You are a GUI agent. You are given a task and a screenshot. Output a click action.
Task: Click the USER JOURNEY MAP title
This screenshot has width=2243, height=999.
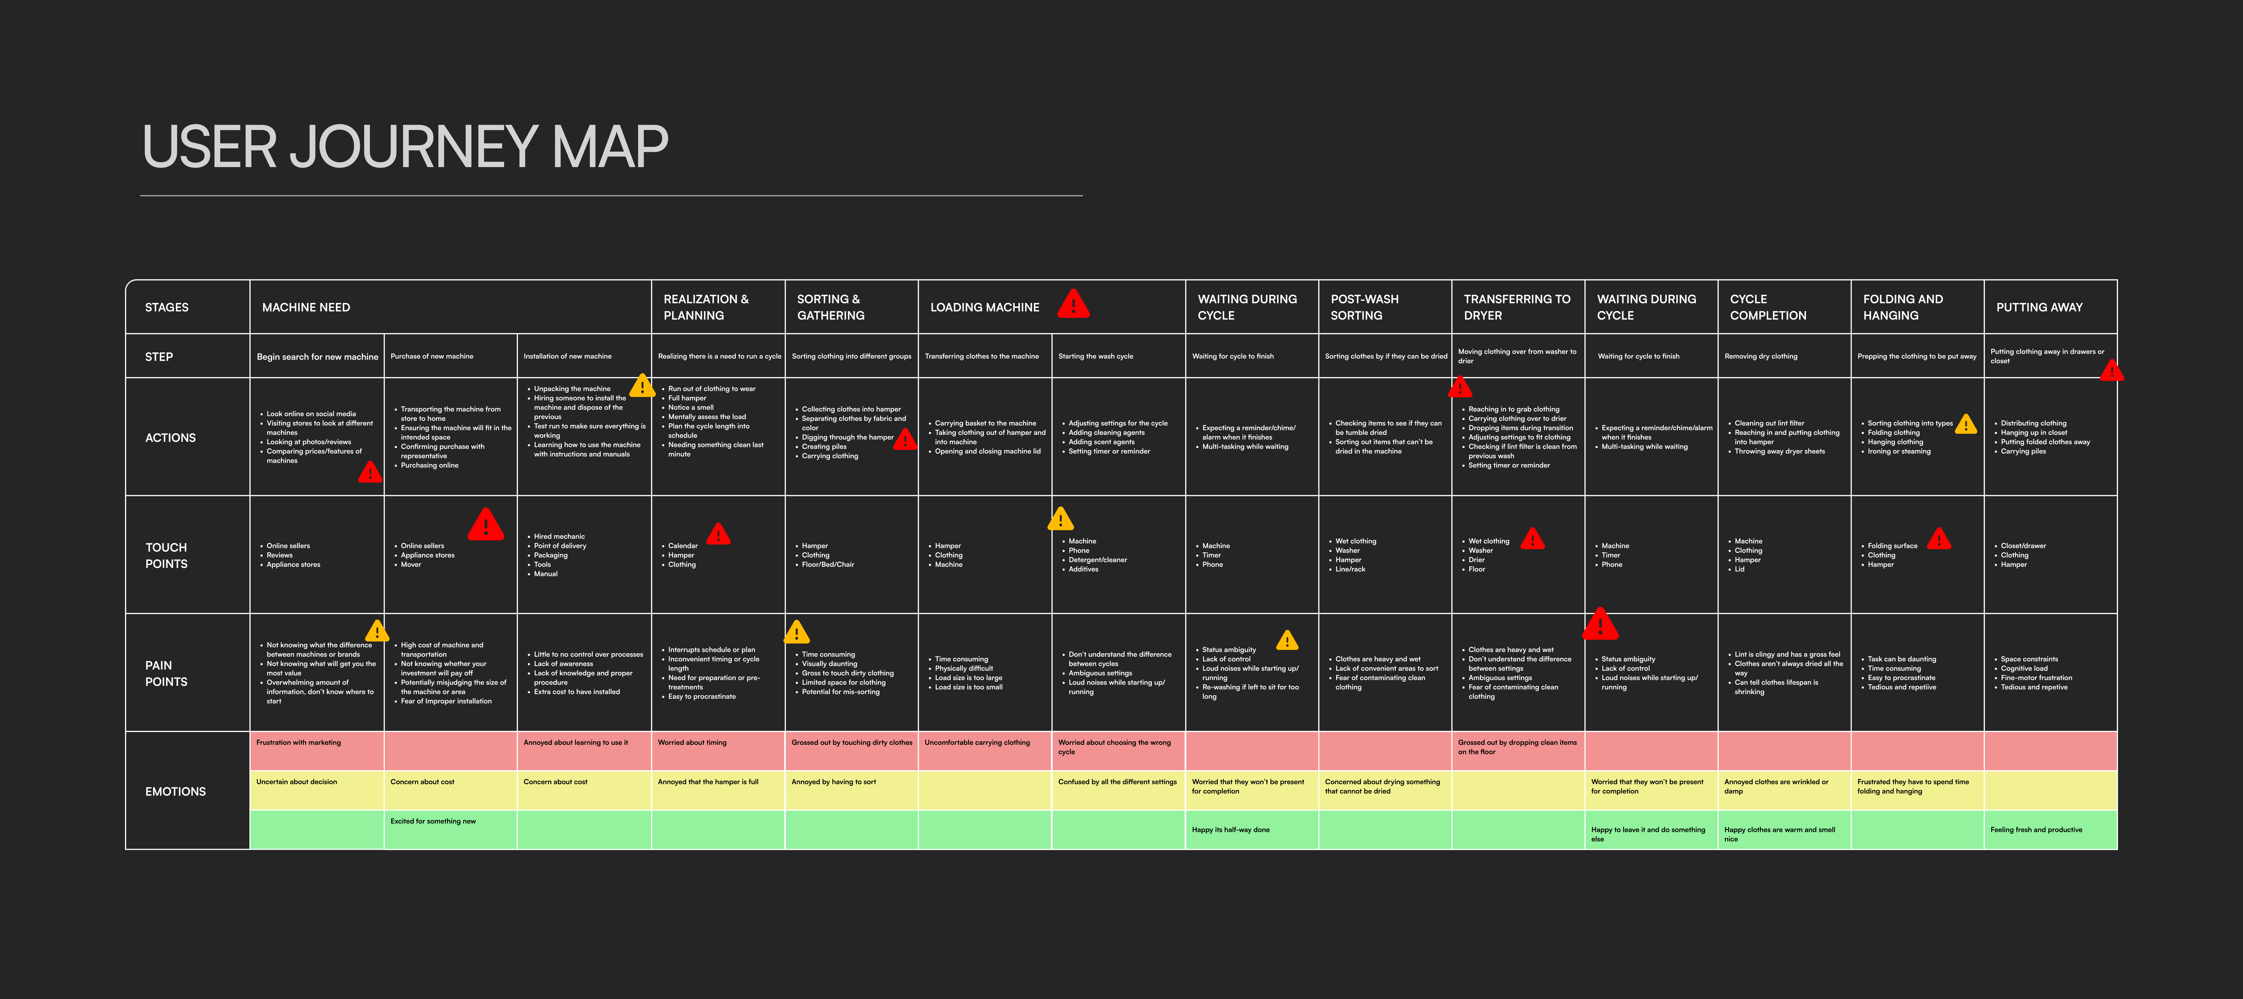pos(405,146)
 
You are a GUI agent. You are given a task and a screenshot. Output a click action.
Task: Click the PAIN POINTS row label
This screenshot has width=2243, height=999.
pos(166,673)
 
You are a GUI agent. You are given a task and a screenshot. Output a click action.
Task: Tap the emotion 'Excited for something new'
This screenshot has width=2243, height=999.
pos(433,821)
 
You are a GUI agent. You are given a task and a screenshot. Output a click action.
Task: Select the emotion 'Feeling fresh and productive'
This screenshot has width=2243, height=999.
pos(2036,830)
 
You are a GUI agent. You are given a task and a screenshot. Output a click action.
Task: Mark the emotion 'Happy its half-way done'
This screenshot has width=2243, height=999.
pos(1230,830)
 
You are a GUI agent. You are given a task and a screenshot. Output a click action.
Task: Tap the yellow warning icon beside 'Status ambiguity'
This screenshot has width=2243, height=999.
pos(1287,641)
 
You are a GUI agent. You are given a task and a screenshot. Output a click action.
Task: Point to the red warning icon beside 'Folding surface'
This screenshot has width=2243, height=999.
pos(1939,539)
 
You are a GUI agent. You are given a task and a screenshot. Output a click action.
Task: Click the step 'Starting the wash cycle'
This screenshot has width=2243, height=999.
pos(1096,356)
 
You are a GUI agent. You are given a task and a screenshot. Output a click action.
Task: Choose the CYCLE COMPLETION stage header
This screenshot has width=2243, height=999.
pos(1768,308)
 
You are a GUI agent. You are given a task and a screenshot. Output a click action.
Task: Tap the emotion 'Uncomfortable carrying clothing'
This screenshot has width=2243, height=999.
pos(977,743)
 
